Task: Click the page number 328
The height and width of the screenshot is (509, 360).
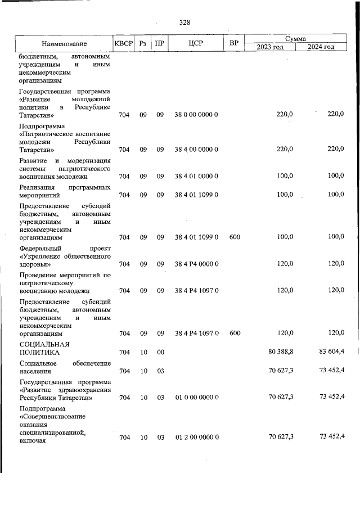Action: [x=184, y=22]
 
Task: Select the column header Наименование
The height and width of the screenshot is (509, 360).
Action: [x=64, y=43]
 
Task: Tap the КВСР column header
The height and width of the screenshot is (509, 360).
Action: [x=124, y=43]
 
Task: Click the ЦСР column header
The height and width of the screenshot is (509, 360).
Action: [x=196, y=43]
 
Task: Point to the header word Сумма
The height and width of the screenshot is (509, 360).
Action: [x=295, y=39]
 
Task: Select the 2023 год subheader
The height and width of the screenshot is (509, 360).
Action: [x=270, y=47]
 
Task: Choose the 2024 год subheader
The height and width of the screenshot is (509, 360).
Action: [x=321, y=47]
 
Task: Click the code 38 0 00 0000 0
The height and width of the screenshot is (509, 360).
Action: [x=196, y=115]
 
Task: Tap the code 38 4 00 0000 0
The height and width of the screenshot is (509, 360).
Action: [x=196, y=150]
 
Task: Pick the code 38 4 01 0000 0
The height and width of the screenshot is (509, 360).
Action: [x=196, y=176]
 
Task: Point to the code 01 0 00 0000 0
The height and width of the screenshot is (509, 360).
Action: [x=196, y=398]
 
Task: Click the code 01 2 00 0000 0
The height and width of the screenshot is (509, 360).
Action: [x=196, y=437]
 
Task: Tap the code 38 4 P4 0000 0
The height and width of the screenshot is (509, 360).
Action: [x=196, y=264]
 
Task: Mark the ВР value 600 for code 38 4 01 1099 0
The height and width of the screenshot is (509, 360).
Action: [x=235, y=237]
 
